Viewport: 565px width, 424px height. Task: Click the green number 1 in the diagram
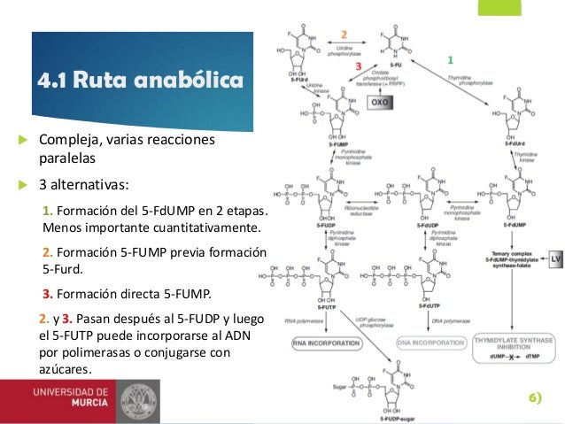(449, 60)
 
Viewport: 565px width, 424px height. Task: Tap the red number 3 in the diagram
(359, 66)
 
